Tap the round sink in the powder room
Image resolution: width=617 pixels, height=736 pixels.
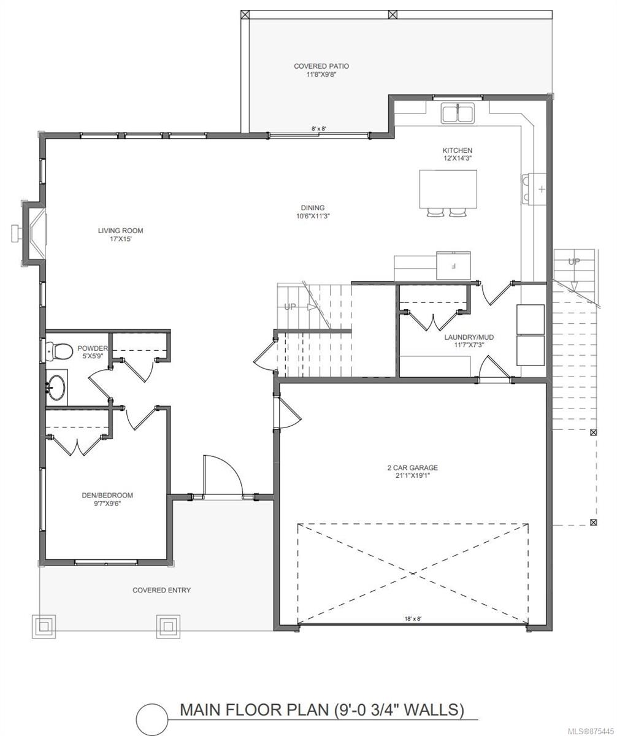(x=56, y=388)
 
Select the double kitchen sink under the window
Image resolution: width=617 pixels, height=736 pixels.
(x=458, y=113)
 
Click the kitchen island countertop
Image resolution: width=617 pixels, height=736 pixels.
(x=448, y=190)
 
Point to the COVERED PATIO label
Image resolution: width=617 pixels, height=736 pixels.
(x=321, y=66)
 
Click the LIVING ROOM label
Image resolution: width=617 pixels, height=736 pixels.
(x=121, y=231)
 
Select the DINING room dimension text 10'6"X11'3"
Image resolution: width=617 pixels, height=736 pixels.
(x=313, y=216)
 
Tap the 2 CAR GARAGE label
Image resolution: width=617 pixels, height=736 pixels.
(x=413, y=468)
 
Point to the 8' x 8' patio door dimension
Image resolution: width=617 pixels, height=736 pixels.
(x=319, y=129)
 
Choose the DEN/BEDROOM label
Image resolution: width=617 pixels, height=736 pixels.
(x=107, y=495)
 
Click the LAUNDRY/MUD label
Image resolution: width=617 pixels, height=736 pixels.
(x=469, y=337)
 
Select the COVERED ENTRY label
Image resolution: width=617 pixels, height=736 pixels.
(x=161, y=590)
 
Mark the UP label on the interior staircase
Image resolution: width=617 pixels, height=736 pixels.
(x=290, y=307)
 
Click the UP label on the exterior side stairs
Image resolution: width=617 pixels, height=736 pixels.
(x=573, y=262)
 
